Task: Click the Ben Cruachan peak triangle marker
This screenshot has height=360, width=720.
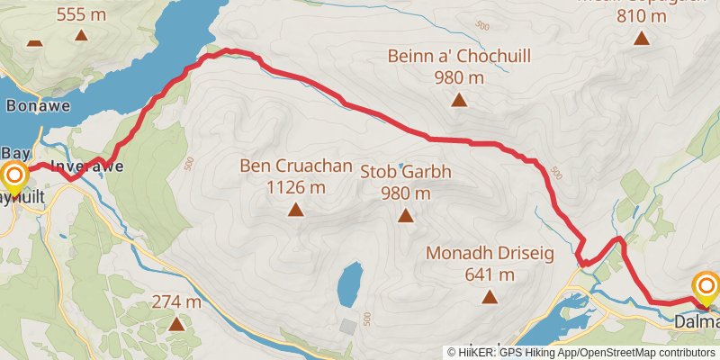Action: [x=295, y=211]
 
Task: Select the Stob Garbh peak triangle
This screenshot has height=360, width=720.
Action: [x=406, y=215]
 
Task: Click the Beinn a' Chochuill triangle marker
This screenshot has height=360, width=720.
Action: [x=459, y=100]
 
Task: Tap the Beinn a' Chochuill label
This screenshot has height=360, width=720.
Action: [x=447, y=67]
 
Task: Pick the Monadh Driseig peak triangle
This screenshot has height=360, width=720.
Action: [x=490, y=296]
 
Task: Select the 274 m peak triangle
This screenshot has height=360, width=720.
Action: [x=175, y=323]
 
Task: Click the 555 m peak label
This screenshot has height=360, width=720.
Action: [x=81, y=14]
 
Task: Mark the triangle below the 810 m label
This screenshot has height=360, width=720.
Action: [x=641, y=38]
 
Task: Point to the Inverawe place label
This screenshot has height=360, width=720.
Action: [x=86, y=166]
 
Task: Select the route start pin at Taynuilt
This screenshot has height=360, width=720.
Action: [x=13, y=176]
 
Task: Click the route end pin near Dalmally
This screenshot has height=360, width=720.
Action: [x=706, y=290]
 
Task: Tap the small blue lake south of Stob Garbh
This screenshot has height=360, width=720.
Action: [x=349, y=283]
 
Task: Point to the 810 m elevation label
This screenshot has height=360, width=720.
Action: [x=641, y=15]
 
